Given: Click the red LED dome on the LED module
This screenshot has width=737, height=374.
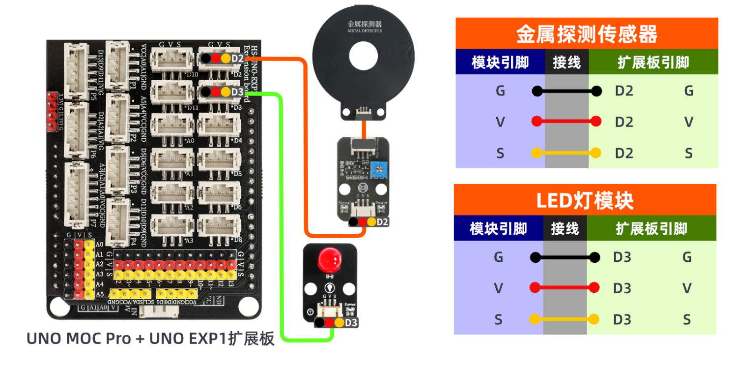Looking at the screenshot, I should [x=329, y=260].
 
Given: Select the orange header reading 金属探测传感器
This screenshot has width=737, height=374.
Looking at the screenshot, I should [x=587, y=33].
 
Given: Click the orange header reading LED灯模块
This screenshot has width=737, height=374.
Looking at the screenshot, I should [x=585, y=200].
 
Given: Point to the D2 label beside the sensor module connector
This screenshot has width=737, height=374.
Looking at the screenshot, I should [x=383, y=222].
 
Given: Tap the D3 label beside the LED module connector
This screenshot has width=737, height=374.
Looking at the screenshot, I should [x=351, y=323].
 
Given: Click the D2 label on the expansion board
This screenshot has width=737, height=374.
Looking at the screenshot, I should [x=237, y=59].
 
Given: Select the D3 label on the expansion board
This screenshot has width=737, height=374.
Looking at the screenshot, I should [x=237, y=92].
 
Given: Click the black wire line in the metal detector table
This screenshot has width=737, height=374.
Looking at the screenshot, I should [x=567, y=91].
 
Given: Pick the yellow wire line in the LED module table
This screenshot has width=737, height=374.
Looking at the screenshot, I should [x=565, y=319].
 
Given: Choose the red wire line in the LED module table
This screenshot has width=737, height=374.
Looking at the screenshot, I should [x=565, y=287].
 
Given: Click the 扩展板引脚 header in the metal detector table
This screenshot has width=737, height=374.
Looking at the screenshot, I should [x=653, y=62].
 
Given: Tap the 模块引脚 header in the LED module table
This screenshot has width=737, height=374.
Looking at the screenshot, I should [x=498, y=228].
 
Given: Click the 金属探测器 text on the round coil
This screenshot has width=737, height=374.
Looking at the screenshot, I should [x=365, y=24].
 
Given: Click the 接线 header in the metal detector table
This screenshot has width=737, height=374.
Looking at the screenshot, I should [x=567, y=62].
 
